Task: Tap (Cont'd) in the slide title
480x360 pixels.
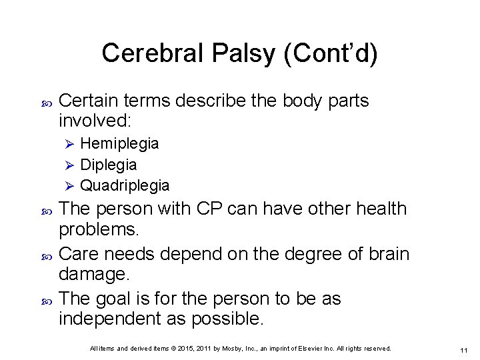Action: tap(331, 53)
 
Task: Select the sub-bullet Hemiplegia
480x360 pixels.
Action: tap(119, 143)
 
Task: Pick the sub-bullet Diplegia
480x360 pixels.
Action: tap(108, 164)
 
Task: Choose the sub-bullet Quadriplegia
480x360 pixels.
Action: tap(125, 185)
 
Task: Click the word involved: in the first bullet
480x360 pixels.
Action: tap(96, 121)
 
